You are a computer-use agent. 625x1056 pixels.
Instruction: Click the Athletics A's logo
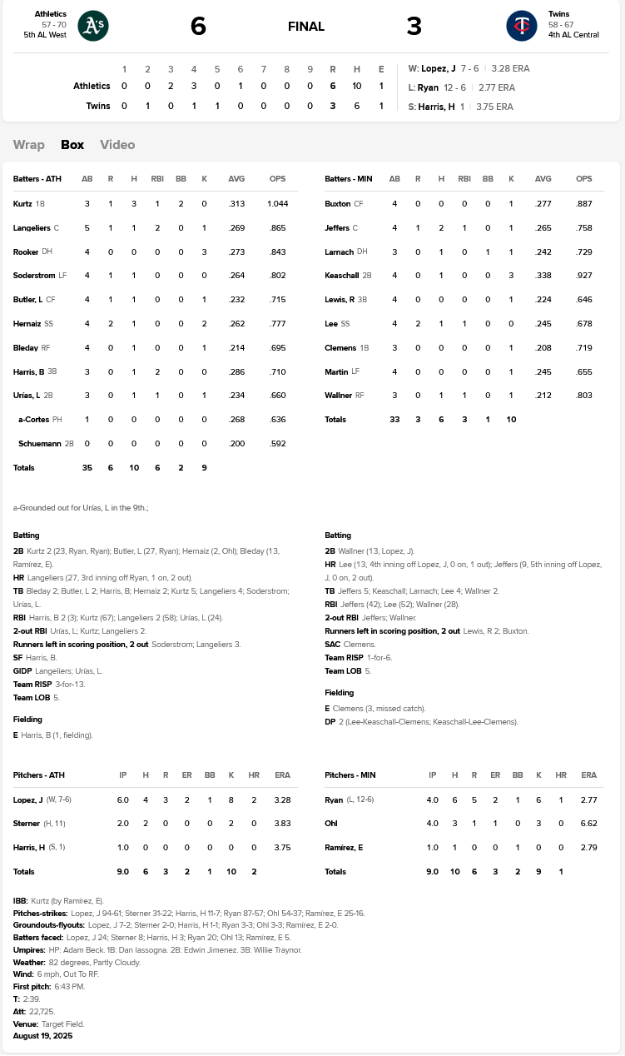coord(93,26)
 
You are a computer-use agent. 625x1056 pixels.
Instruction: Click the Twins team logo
coord(522,26)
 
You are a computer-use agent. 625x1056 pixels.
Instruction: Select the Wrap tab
coord(29,145)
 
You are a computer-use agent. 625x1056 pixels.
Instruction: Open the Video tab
coord(117,145)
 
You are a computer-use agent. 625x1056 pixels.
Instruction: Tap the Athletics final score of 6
coord(198,26)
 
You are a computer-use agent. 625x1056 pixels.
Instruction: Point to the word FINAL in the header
coord(306,27)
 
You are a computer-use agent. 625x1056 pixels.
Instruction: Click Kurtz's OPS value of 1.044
coord(278,204)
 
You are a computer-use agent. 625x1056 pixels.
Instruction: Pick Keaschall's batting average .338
coord(543,276)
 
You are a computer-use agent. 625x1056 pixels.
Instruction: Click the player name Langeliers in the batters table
coord(32,228)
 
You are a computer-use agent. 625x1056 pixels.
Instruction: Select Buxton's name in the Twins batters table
coord(337,204)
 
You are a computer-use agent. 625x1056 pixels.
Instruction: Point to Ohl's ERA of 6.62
coord(589,824)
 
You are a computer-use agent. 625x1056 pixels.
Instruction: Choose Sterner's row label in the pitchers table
coord(27,824)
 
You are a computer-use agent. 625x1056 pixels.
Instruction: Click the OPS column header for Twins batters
coord(584,179)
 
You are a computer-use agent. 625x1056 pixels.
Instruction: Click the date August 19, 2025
coord(44,1036)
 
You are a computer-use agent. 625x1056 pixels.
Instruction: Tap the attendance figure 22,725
coord(41,1011)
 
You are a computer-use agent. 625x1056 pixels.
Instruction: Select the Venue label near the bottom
coord(25,1024)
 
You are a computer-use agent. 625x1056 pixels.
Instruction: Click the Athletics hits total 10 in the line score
coord(357,86)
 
